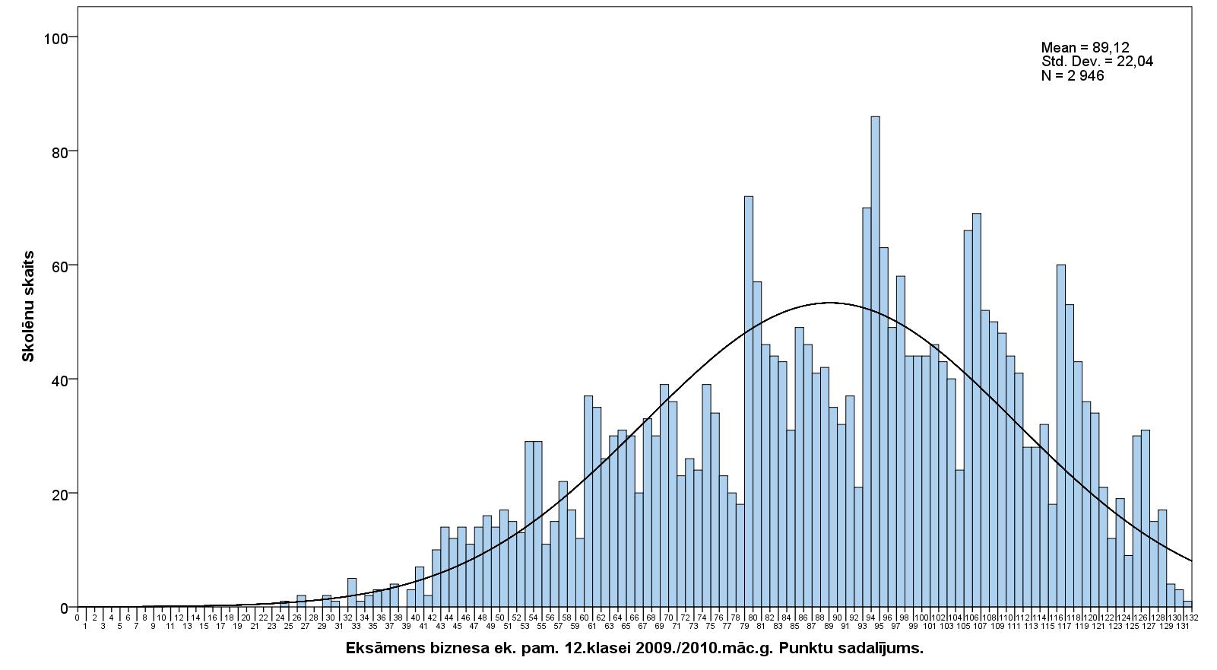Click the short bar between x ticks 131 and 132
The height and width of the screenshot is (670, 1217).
(x=1187, y=605)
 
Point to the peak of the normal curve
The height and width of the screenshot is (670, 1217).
(x=829, y=303)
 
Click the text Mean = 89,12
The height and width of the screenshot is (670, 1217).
(x=1085, y=48)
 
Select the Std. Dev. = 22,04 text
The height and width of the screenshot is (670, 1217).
(x=1097, y=62)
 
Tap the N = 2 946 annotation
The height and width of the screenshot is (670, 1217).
(x=1072, y=75)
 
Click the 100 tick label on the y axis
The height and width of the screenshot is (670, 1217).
(x=56, y=38)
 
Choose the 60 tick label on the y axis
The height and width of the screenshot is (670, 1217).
(x=59, y=265)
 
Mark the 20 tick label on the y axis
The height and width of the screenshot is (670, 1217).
(x=59, y=494)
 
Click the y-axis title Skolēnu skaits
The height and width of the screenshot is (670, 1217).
(x=28, y=306)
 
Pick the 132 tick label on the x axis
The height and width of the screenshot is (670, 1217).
(x=1191, y=618)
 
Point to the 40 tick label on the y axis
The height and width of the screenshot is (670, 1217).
(x=59, y=379)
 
